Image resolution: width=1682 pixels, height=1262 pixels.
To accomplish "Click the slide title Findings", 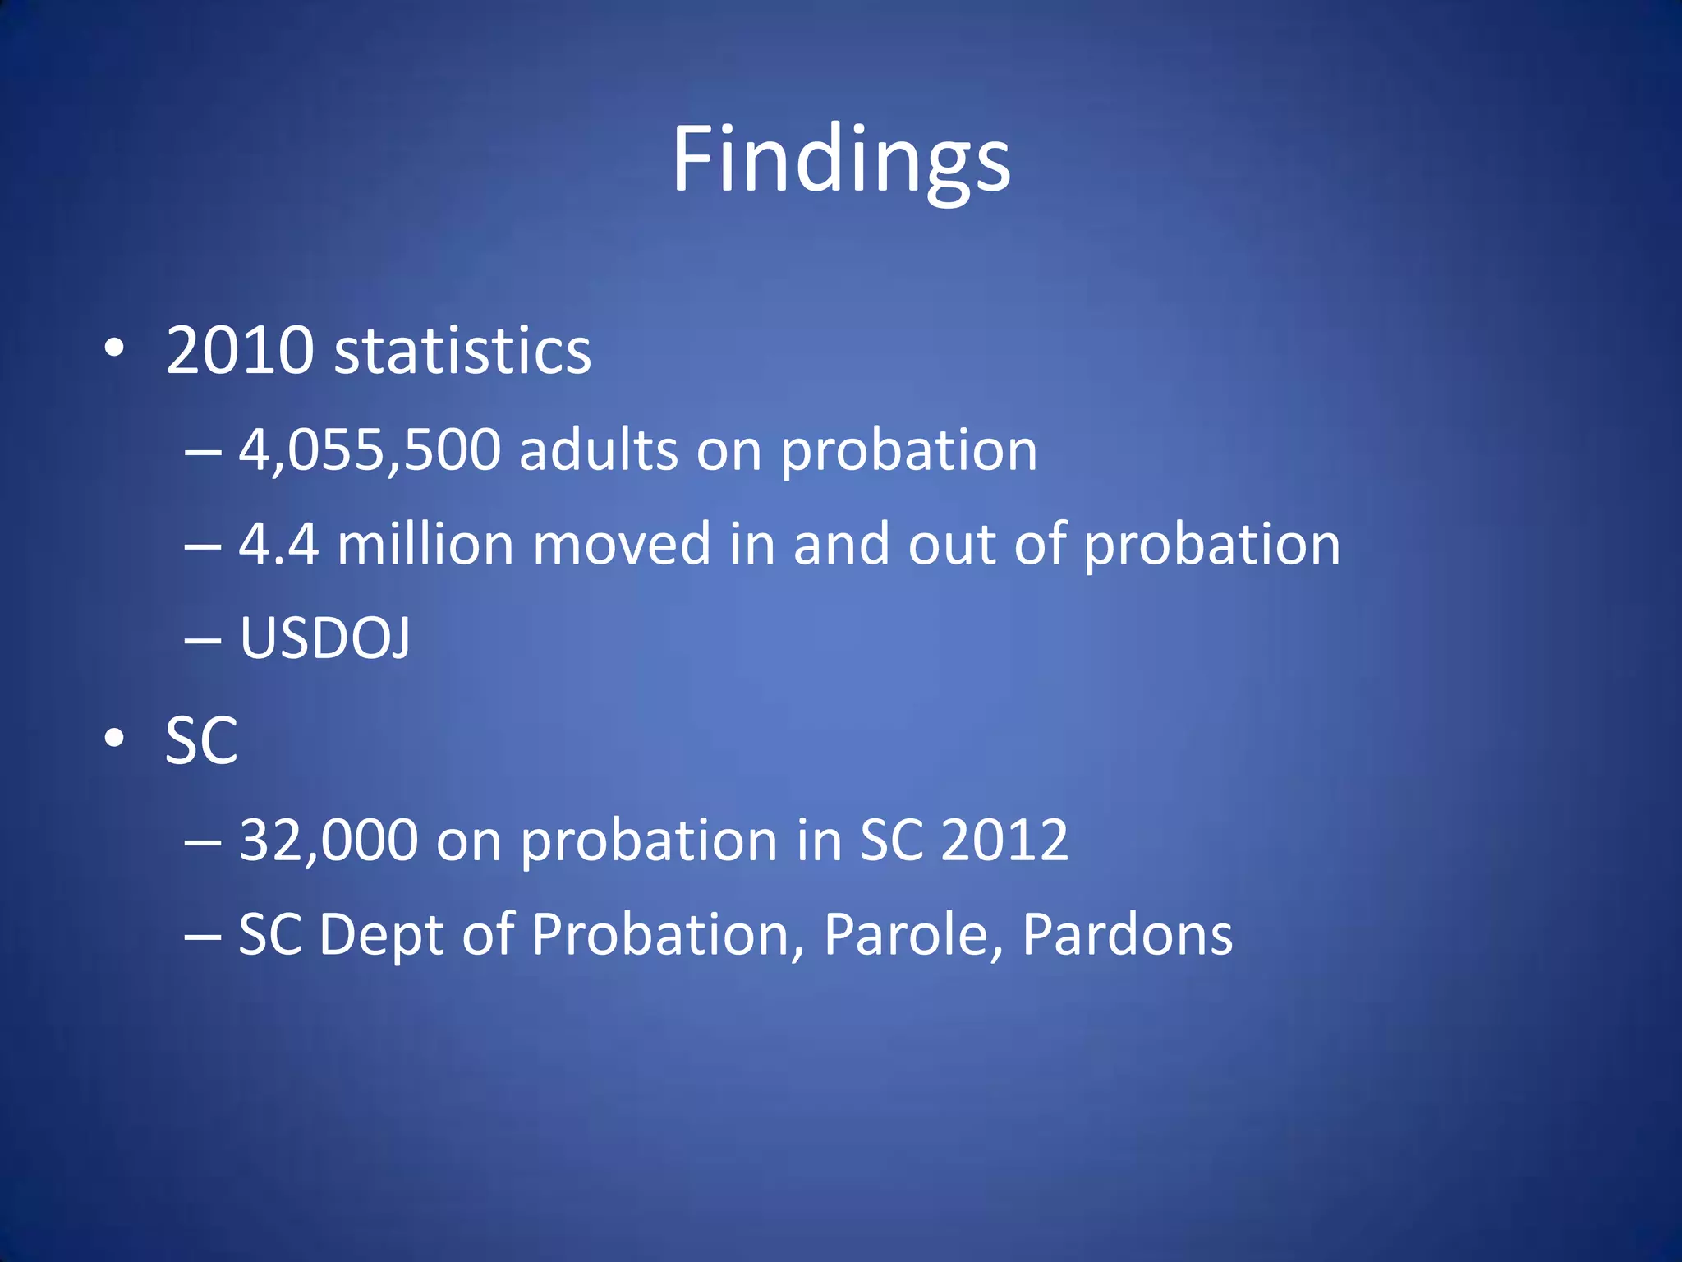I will click(x=841, y=160).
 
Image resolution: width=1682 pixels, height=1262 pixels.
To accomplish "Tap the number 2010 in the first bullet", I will click(x=240, y=352).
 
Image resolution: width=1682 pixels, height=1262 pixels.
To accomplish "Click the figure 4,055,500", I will click(x=370, y=451).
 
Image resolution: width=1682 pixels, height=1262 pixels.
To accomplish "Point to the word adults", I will click(x=599, y=451).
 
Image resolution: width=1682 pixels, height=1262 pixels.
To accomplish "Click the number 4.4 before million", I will click(x=278, y=545).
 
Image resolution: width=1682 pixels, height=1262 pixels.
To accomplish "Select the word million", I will click(x=425, y=545).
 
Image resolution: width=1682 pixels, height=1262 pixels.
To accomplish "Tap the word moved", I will click(x=622, y=545).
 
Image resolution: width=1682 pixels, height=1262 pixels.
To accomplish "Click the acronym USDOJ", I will click(x=324, y=638).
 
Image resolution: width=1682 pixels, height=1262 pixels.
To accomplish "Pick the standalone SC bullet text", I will click(x=201, y=741).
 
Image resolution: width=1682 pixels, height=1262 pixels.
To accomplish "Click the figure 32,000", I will click(x=329, y=841).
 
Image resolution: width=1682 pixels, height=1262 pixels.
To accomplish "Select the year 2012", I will click(x=1004, y=841).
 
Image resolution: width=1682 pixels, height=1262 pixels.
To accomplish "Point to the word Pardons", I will click(x=1127, y=935).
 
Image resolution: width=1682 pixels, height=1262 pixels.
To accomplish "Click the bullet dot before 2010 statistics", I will click(x=114, y=349).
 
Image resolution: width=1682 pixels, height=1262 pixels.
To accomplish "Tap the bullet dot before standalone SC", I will click(x=114, y=739).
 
